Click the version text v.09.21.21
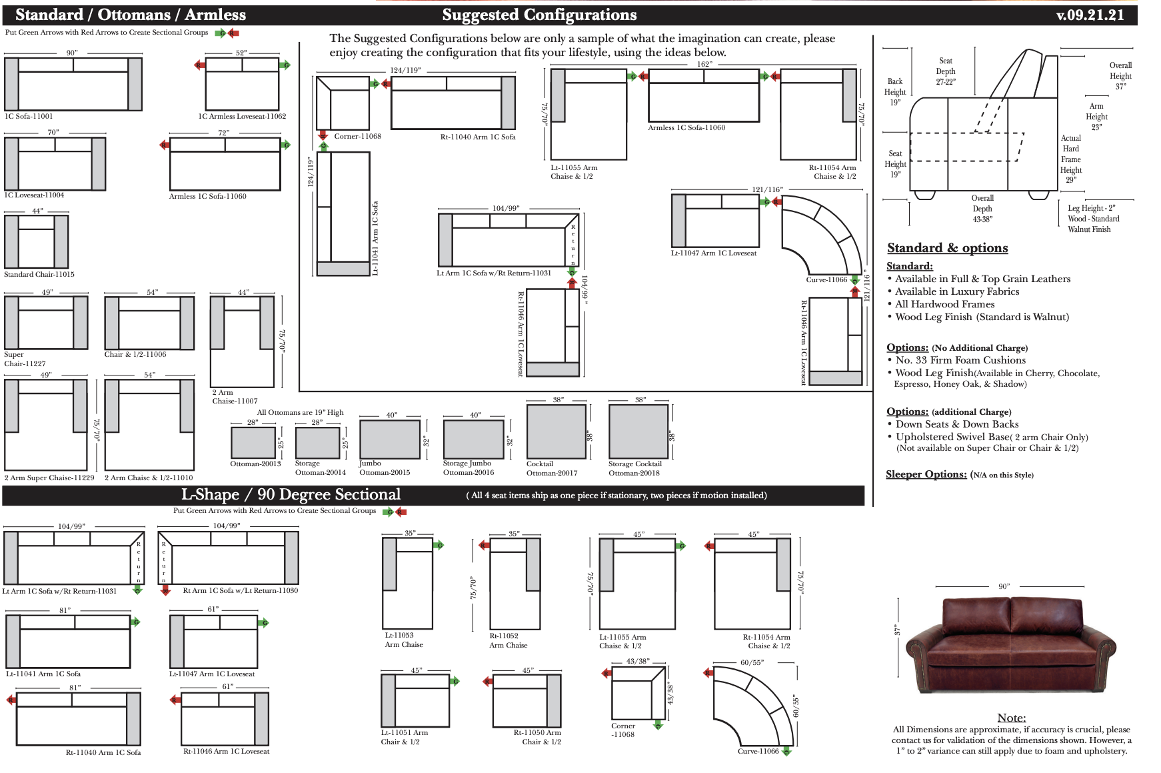pyautogui.click(x=1090, y=15)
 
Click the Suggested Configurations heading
pyautogui.click(x=539, y=15)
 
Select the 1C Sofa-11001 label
pyautogui.click(x=29, y=116)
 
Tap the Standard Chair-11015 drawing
pyautogui.click(x=37, y=241)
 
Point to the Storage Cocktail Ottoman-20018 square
pyautogui.click(x=638, y=431)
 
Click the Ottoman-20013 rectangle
pyautogui.click(x=253, y=442)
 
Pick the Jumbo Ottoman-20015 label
pyautogui.click(x=385, y=468)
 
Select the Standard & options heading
pyautogui.click(x=947, y=248)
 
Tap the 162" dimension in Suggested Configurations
pyautogui.click(x=704, y=64)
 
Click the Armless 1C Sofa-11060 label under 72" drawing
pyautogui.click(x=207, y=196)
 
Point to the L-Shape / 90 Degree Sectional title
pyautogui.click(x=291, y=494)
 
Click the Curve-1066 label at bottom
pyautogui.click(x=758, y=751)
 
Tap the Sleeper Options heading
pyautogui.click(x=926, y=474)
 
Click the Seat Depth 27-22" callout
pyautogui.click(x=945, y=71)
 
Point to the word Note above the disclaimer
pyautogui.click(x=1011, y=718)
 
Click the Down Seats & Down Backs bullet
pyautogui.click(x=956, y=424)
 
